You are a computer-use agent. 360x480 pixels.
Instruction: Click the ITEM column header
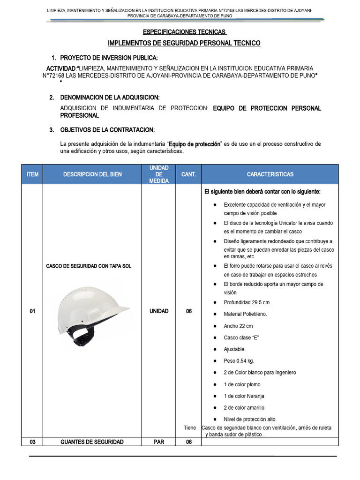click(32, 174)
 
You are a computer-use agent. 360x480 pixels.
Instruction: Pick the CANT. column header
click(188, 174)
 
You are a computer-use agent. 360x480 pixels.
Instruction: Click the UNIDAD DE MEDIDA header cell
click(158, 174)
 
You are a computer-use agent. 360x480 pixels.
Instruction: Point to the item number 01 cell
click(32, 311)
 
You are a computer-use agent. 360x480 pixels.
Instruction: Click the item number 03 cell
click(32, 442)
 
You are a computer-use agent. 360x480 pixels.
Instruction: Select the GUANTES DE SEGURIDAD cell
click(92, 442)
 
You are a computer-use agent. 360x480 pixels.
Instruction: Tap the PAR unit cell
click(158, 442)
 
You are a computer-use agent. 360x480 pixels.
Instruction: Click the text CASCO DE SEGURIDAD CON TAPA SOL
click(89, 266)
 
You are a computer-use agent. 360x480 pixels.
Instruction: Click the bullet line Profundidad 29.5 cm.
click(247, 302)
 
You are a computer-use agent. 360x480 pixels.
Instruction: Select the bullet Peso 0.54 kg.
click(239, 361)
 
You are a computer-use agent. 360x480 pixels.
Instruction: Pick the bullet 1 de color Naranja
click(244, 396)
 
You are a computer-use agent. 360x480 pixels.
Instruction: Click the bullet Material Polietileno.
click(245, 314)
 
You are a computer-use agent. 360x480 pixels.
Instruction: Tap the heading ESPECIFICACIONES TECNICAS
click(184, 32)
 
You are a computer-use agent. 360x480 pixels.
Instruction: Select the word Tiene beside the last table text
click(189, 427)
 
